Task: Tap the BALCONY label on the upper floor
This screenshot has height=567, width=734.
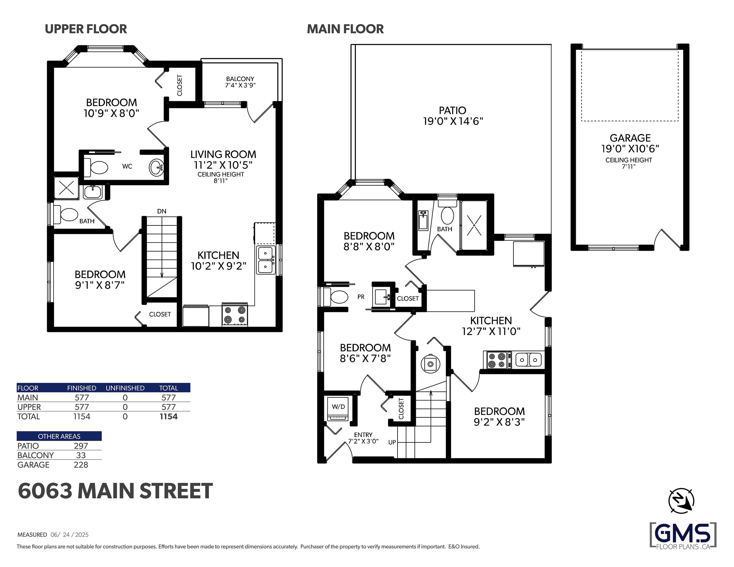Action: pyautogui.click(x=240, y=79)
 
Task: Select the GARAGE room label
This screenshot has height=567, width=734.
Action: pyautogui.click(x=630, y=138)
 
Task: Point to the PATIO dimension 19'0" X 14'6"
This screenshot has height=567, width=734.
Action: pyautogui.click(x=453, y=121)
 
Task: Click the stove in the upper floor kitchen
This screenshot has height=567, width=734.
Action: pyautogui.click(x=235, y=315)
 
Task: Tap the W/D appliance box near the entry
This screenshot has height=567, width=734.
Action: pyautogui.click(x=338, y=408)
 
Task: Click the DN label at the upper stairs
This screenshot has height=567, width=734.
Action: pyautogui.click(x=162, y=211)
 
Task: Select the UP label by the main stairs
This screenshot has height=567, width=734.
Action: pyautogui.click(x=392, y=442)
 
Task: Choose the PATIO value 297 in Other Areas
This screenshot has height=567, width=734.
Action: pyautogui.click(x=81, y=446)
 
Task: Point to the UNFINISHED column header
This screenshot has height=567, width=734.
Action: pyautogui.click(x=125, y=388)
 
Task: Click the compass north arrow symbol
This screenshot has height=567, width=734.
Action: pyautogui.click(x=681, y=501)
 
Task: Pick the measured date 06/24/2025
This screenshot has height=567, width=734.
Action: pyautogui.click(x=70, y=535)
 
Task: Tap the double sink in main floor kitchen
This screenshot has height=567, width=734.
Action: pyautogui.click(x=528, y=360)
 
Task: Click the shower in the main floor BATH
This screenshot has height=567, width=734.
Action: pyautogui.click(x=474, y=225)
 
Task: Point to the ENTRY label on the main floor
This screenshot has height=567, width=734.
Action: pyautogui.click(x=363, y=435)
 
